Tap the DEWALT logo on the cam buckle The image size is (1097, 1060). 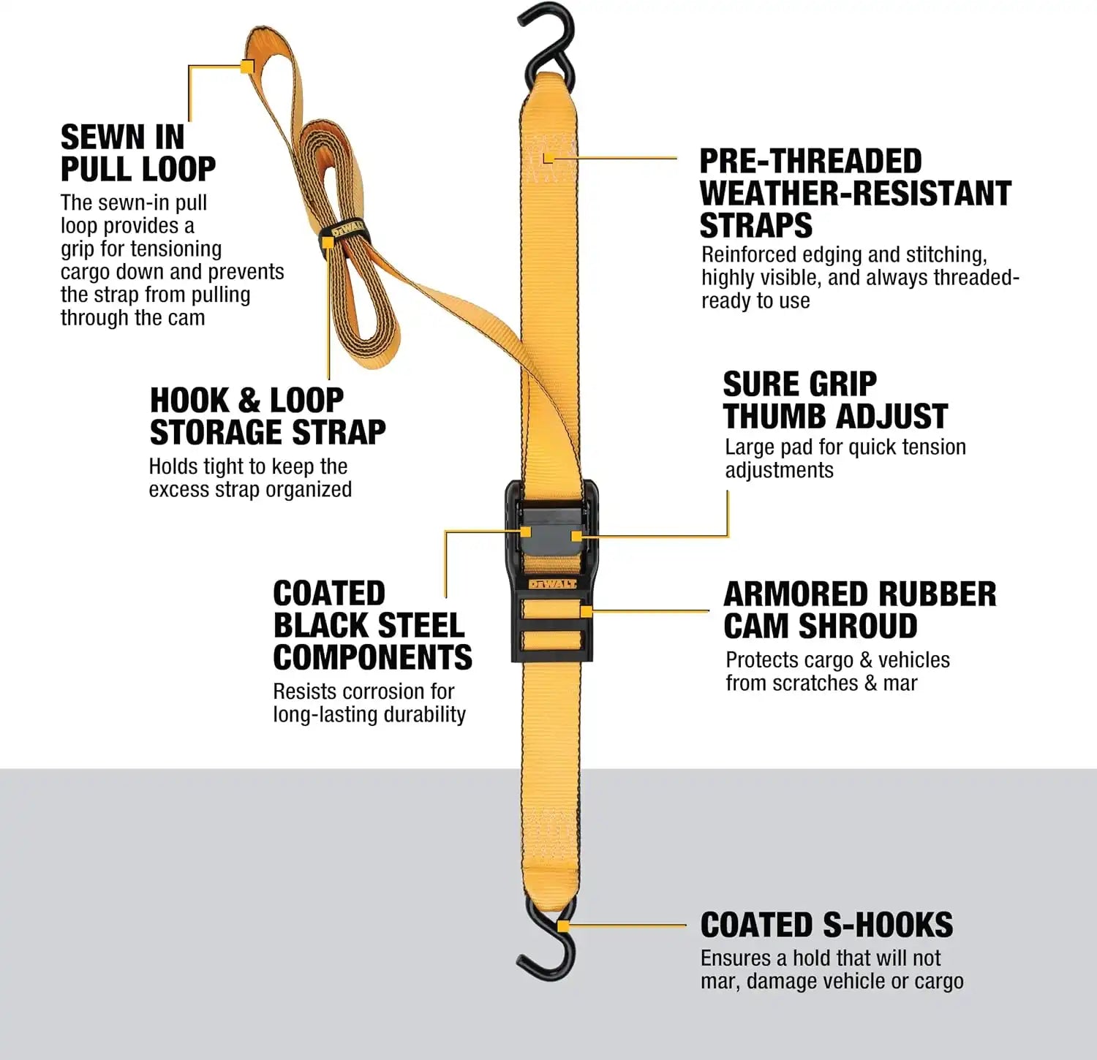point(551,584)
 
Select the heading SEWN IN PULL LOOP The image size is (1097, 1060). point(138,153)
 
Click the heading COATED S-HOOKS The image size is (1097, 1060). point(826,925)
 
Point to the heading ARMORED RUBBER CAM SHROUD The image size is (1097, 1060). point(859,610)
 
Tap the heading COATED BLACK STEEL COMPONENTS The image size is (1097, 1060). point(372,625)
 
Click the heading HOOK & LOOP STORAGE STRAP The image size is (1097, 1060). point(268,416)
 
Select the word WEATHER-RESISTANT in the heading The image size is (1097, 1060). point(856,193)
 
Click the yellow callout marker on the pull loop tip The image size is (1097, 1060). point(247,67)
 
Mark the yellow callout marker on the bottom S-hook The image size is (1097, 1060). point(563,925)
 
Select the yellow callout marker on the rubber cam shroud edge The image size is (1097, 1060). point(586,610)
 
